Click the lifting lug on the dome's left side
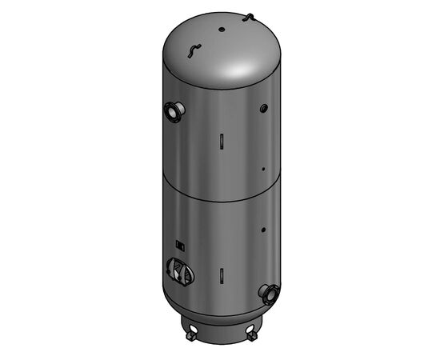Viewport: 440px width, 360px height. (190, 50)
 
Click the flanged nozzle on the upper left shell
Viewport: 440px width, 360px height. (172, 111)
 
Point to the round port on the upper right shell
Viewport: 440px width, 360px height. (262, 107)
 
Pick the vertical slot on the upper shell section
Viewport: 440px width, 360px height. (219, 139)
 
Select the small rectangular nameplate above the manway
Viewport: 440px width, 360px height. (181, 246)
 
